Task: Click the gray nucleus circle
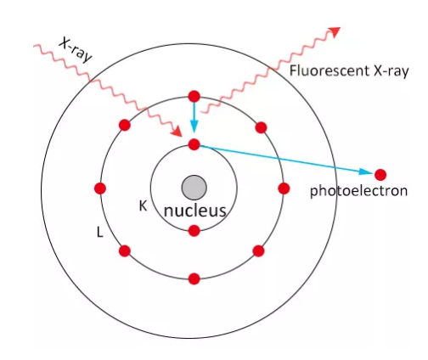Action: coord(194,188)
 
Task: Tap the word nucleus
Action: coord(195,211)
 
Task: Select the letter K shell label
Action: coord(143,206)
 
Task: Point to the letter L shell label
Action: coord(99,232)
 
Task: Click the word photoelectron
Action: coord(358,191)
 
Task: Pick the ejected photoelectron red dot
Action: coord(380,175)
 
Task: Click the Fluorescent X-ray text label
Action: coord(349,70)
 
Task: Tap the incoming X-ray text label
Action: coord(76,50)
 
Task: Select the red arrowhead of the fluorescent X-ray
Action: coord(335,31)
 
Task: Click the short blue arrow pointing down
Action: coord(194,117)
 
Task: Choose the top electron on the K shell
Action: coord(194,144)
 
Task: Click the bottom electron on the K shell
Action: coord(194,231)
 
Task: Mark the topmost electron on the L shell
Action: coord(194,97)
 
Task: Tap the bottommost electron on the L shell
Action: coord(194,278)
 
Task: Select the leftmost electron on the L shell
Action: coord(100,188)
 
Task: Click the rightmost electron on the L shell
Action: coord(284,188)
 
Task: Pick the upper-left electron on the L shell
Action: coord(125,125)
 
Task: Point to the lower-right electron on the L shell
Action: coord(258,251)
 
